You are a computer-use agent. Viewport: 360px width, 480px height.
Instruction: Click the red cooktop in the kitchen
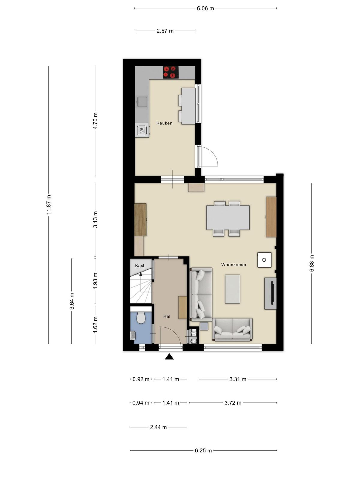coord(171,72)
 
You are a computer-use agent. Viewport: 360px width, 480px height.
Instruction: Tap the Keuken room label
coord(164,123)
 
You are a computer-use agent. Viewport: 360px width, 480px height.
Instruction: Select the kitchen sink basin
coord(142,102)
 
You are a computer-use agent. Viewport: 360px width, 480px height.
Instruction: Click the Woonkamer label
coord(234,265)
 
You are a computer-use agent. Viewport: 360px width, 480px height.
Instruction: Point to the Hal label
coord(167,316)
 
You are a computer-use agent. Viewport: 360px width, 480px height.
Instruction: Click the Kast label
coord(140,265)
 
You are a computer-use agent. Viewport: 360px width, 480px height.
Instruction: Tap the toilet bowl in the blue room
coord(141,317)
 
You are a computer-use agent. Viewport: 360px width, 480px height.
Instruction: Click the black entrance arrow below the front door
coord(169,357)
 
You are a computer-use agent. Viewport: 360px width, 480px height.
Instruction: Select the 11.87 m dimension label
coord(49,205)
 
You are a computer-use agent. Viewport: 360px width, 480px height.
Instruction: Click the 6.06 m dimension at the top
coord(205,8)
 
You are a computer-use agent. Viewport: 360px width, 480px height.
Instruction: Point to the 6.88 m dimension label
coord(311,263)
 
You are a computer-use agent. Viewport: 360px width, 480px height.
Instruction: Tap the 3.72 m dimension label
coord(233,403)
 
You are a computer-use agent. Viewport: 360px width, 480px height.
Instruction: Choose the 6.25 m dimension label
coord(203,451)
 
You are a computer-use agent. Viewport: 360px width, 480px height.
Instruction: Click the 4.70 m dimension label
coord(95,121)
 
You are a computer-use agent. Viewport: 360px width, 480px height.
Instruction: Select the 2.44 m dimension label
coord(158,427)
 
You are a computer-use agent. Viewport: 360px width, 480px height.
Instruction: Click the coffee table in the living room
coord(232,289)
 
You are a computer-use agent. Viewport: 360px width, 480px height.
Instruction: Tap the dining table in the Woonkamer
coord(228,217)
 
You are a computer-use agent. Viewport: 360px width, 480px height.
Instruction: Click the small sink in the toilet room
coord(133,336)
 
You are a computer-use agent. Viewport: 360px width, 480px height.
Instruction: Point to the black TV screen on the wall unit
coord(272,293)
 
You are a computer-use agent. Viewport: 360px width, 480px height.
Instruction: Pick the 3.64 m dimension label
coord(72,301)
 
